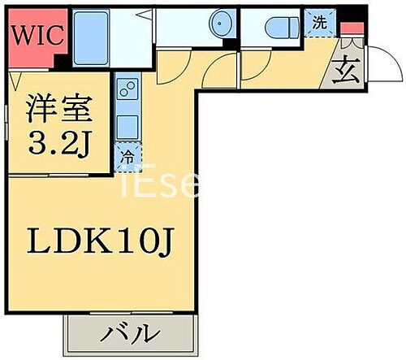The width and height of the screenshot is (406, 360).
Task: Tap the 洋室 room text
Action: [55, 109]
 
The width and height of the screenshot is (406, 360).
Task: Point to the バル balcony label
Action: [130, 333]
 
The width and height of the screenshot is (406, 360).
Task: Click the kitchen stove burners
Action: [128, 86]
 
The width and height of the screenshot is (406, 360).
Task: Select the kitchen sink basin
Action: [128, 126]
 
